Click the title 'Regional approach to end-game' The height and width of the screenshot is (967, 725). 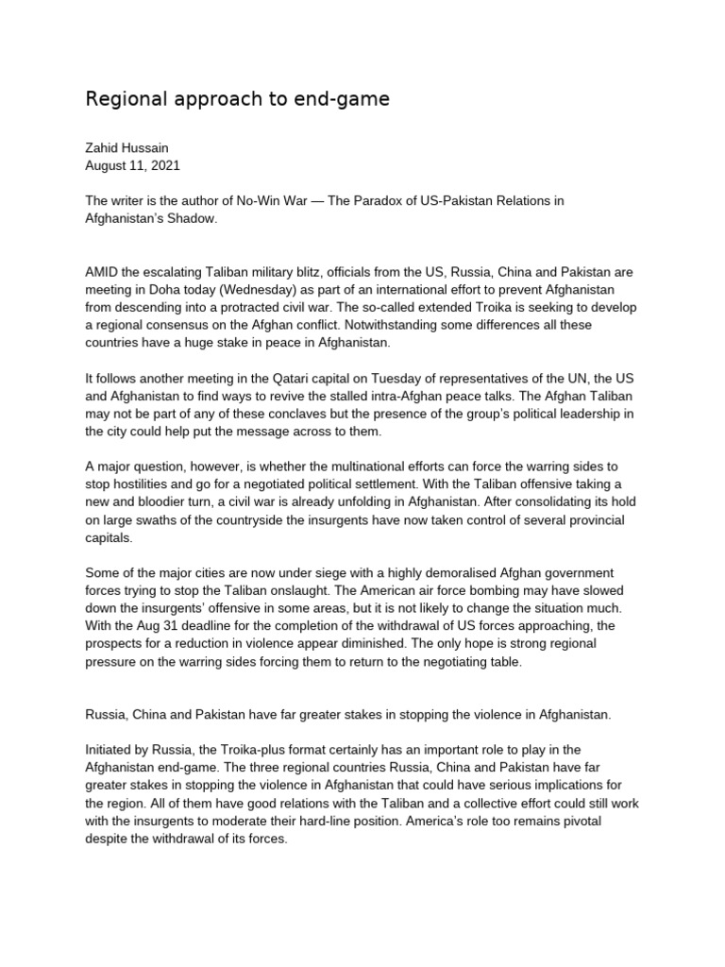(237, 99)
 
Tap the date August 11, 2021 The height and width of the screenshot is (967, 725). (132, 165)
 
